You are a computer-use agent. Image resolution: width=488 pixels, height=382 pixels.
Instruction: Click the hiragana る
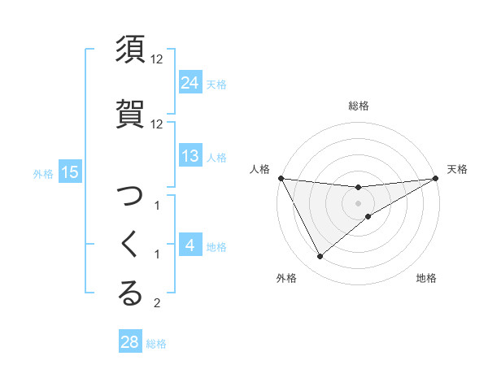pos(131,293)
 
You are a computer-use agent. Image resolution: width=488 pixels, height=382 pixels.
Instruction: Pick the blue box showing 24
pos(190,82)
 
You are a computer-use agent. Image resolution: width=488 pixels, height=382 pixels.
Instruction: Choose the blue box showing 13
pos(190,156)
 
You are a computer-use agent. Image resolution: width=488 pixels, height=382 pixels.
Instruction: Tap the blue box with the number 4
pos(190,245)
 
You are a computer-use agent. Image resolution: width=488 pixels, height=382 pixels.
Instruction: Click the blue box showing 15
pos(69,171)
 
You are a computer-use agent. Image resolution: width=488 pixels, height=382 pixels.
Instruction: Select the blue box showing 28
pos(130,342)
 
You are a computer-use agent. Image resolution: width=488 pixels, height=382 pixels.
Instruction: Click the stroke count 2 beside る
pos(157,304)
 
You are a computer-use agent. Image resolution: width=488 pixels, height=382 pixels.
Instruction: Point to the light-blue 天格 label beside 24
pos(216,84)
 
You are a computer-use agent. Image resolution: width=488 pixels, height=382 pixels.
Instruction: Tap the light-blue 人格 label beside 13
pos(216,158)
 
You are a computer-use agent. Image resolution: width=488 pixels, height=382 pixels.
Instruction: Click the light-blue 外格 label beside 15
pos(43,173)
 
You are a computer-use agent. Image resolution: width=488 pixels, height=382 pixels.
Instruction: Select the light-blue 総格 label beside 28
pos(156,344)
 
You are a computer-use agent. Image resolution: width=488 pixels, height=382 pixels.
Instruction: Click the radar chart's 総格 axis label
pos(359,106)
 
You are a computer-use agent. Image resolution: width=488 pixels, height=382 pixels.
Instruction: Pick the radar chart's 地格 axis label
pos(426,279)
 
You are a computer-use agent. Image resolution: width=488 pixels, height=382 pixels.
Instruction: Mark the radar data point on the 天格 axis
pos(436,178)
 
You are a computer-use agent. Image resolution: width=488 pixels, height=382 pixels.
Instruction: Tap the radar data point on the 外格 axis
pos(320,257)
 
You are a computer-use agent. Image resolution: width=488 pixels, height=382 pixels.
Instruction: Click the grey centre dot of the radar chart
pos(359,203)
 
